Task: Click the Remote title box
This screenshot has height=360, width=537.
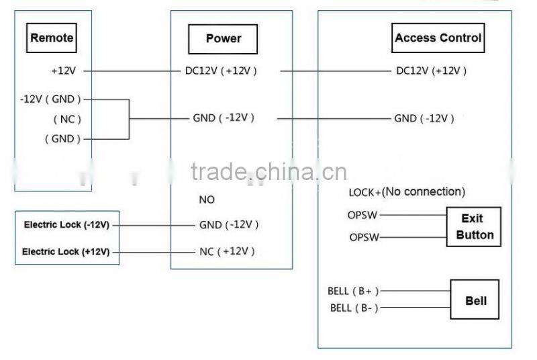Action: click(x=52, y=38)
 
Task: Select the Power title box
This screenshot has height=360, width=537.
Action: click(x=223, y=39)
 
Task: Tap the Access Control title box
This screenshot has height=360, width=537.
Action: click(x=438, y=38)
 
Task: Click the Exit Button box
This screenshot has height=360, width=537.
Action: click(x=475, y=227)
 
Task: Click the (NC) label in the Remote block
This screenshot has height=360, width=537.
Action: click(x=67, y=120)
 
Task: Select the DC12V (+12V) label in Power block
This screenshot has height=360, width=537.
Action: click(x=221, y=70)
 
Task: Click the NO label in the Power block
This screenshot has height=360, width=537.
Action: click(x=207, y=200)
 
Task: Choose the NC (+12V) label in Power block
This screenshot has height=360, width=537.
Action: click(x=228, y=251)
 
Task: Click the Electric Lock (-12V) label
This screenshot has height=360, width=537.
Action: click(x=66, y=225)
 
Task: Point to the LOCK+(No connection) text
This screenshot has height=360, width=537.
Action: click(x=406, y=192)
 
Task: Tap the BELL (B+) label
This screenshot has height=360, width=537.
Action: click(x=353, y=291)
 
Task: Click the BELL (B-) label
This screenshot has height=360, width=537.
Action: click(x=354, y=308)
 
